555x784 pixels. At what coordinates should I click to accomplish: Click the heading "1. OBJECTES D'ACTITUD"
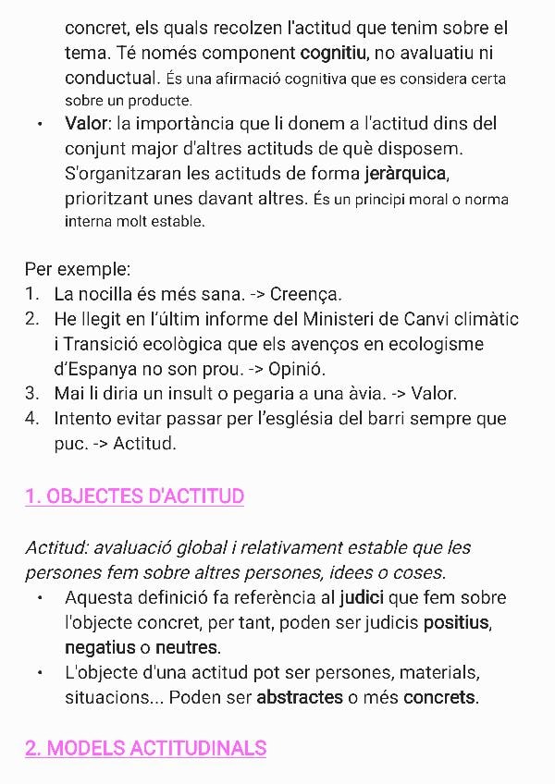(x=134, y=496)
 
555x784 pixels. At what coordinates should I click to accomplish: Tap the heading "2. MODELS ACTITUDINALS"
(x=145, y=748)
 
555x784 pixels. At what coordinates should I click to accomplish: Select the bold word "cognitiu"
(x=334, y=53)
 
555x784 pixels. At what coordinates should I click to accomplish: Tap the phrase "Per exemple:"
(x=78, y=270)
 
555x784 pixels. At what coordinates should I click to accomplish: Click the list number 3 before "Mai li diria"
(x=32, y=394)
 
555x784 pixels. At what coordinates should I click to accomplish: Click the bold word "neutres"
(x=187, y=647)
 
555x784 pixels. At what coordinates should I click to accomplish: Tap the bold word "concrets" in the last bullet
(x=439, y=697)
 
